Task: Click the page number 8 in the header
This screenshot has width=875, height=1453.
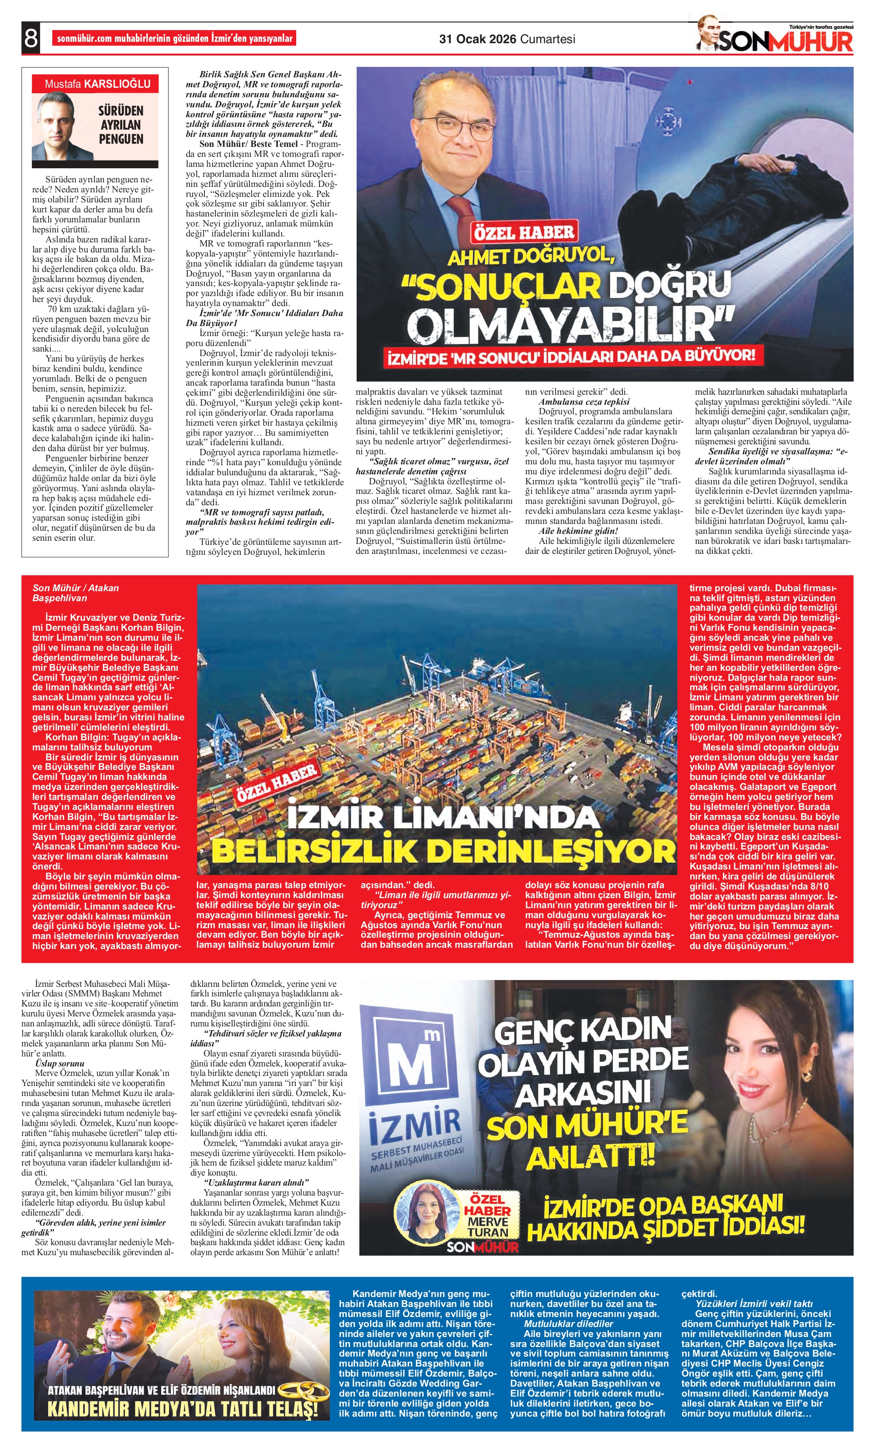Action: (x=30, y=39)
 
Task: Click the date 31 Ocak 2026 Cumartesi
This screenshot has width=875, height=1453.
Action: (x=507, y=40)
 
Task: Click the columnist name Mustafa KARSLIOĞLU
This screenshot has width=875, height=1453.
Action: (x=97, y=84)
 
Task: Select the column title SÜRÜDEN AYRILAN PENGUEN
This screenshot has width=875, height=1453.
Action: (x=121, y=125)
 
